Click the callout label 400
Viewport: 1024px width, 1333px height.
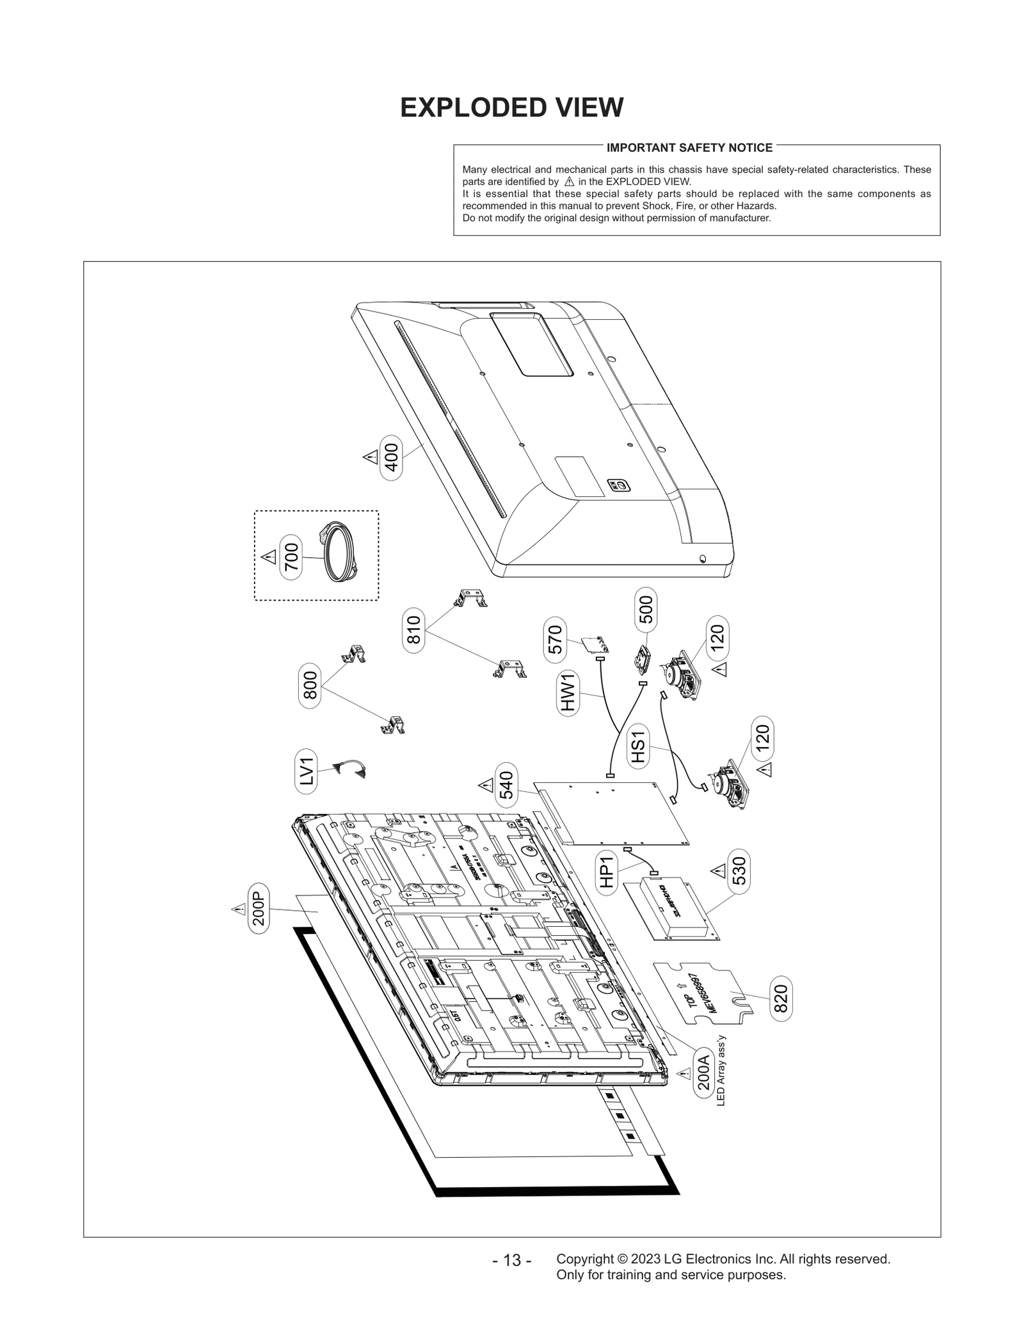pyautogui.click(x=391, y=457)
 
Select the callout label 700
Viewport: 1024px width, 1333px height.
pyautogui.click(x=291, y=556)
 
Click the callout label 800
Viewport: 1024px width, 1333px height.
pyautogui.click(x=310, y=686)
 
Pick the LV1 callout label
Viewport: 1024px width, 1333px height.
pyautogui.click(x=307, y=771)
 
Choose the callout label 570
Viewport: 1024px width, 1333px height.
pyautogui.click(x=555, y=640)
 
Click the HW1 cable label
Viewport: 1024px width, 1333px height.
pyautogui.click(x=568, y=693)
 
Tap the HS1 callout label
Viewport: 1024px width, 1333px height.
pyautogui.click(x=639, y=746)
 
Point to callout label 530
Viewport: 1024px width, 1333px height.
pyautogui.click(x=739, y=871)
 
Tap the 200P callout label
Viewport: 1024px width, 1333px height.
pyautogui.click(x=259, y=908)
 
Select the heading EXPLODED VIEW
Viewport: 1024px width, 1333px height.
pyautogui.click(x=511, y=107)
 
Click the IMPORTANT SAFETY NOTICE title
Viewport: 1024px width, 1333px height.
pyautogui.click(x=689, y=148)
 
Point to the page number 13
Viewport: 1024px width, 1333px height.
pyautogui.click(x=511, y=1261)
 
